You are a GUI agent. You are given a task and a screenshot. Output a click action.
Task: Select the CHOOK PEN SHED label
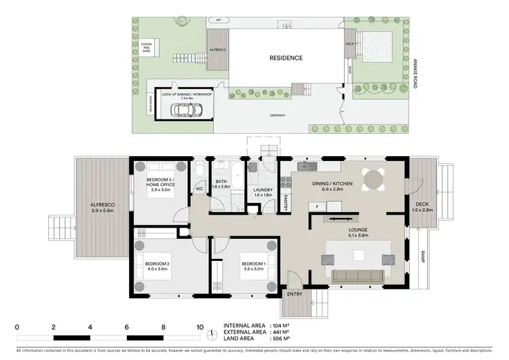tap(145, 47)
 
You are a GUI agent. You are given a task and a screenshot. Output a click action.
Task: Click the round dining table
tap(373, 178)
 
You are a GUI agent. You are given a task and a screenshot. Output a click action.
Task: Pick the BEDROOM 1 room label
tap(254, 263)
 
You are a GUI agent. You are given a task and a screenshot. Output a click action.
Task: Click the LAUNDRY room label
tap(262, 190)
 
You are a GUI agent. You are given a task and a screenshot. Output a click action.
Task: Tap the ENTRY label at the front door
tap(295, 294)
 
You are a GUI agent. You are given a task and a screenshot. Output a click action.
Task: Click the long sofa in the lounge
tap(358, 275)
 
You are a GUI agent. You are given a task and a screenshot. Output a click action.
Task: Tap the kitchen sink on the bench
tap(312, 166)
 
